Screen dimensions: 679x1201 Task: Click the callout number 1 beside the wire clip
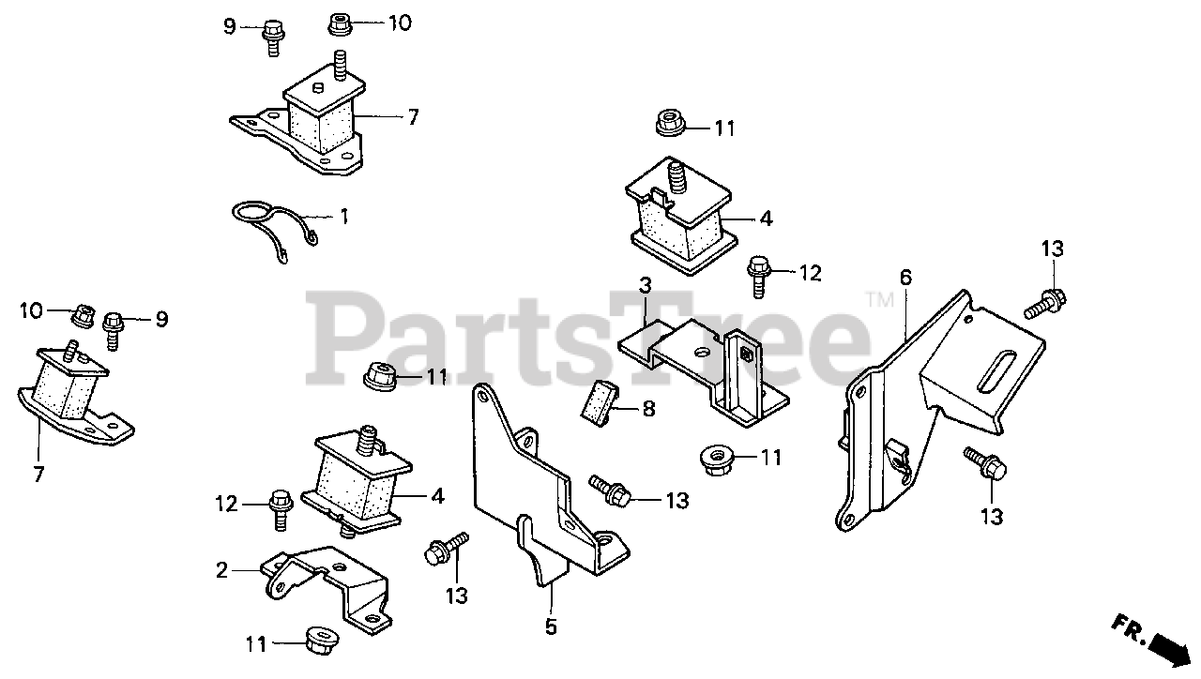pyautogui.click(x=343, y=217)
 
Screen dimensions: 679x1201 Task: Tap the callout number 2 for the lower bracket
pyautogui.click(x=221, y=569)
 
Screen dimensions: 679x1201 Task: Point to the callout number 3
pyautogui.click(x=646, y=283)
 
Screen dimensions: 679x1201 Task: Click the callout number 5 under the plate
pyautogui.click(x=551, y=626)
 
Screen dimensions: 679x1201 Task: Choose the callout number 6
pyautogui.click(x=905, y=278)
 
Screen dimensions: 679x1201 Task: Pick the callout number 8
pyautogui.click(x=647, y=409)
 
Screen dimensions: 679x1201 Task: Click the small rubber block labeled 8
pyautogui.click(x=599, y=402)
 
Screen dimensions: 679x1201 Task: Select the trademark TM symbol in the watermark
pyautogui.click(x=879, y=301)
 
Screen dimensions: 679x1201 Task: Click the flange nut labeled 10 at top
pyautogui.click(x=341, y=23)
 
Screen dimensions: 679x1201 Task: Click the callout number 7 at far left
pyautogui.click(x=38, y=475)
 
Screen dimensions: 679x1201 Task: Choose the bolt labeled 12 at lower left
pyautogui.click(x=281, y=505)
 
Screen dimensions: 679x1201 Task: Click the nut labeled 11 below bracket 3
pyautogui.click(x=717, y=460)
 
